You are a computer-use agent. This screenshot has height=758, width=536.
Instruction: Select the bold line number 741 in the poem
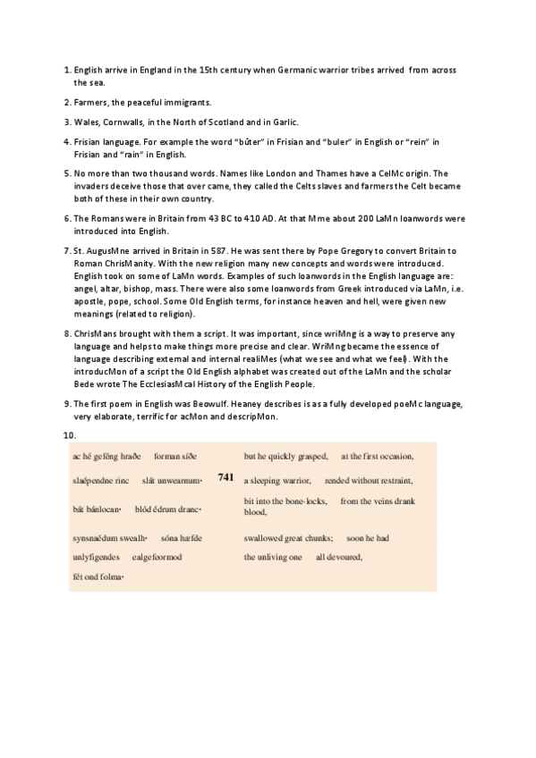click(x=225, y=477)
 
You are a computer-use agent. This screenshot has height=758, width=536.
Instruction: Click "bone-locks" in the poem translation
click(x=304, y=501)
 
